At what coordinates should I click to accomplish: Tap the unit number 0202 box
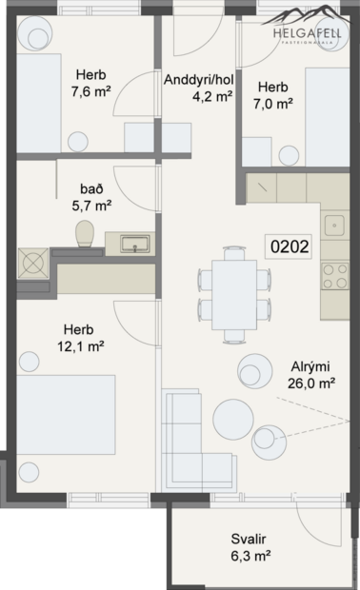tap(290, 247)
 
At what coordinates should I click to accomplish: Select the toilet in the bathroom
tap(83, 233)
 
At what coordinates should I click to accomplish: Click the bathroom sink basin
tap(134, 245)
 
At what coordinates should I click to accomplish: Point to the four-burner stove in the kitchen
tap(335, 277)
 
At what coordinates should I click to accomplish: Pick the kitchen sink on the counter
tap(334, 226)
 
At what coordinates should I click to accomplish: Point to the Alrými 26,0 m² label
tap(311, 376)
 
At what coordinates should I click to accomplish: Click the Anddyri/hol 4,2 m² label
tap(199, 88)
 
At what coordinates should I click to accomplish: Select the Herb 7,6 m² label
tap(93, 82)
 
